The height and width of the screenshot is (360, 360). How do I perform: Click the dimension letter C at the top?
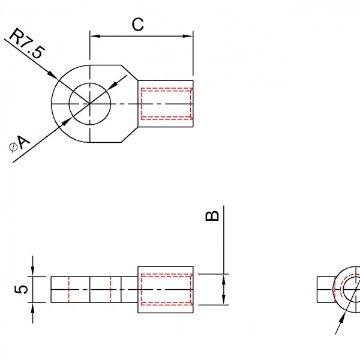coord(138,25)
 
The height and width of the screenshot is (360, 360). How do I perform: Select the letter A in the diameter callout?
coord(23,142)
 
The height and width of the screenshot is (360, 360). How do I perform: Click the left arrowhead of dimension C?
coord(94,36)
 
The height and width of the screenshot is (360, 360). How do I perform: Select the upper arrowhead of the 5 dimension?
coord(33,272)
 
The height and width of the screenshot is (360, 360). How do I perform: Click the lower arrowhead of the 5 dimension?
coord(33,307)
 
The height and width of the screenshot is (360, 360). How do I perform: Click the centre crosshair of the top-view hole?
coord(90,104)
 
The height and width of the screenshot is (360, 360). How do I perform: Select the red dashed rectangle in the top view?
coord(166,104)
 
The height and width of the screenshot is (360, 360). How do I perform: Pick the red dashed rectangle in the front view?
coord(166,289)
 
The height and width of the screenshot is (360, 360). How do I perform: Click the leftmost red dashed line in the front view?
coord(70,289)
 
